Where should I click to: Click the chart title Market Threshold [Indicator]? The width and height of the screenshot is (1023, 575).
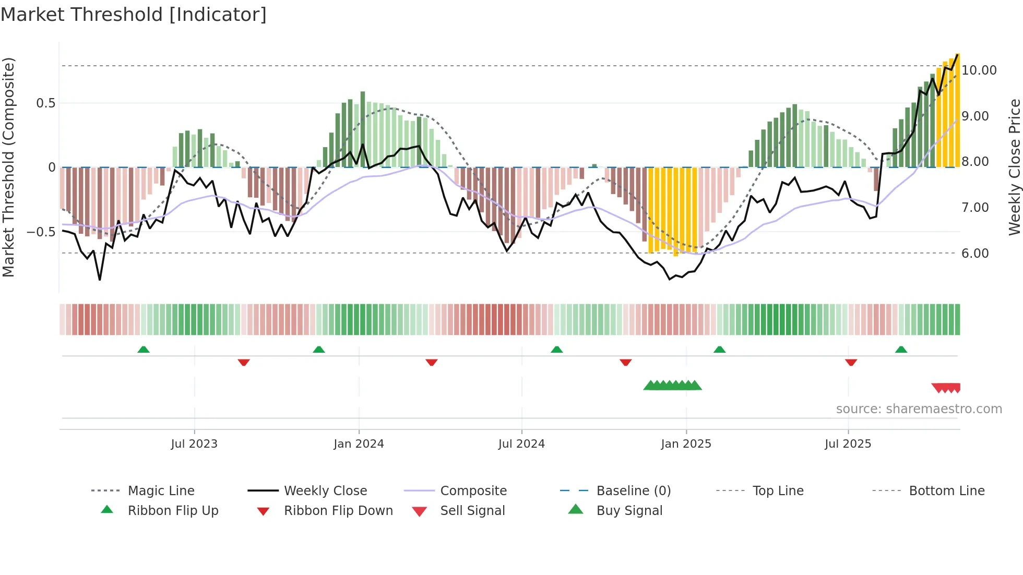pyautogui.click(x=134, y=15)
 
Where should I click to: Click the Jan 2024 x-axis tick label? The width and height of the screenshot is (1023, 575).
pyautogui.click(x=359, y=444)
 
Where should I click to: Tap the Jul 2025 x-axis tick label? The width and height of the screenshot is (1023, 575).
pyautogui.click(x=848, y=444)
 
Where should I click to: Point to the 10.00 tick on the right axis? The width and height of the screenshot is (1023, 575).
pyautogui.click(x=979, y=70)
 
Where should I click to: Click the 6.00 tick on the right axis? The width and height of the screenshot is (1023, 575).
pyautogui.click(x=974, y=254)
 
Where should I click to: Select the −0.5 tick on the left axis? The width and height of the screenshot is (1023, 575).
pyautogui.click(x=41, y=232)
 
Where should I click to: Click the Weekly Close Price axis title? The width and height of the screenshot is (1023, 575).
pyautogui.click(x=1014, y=167)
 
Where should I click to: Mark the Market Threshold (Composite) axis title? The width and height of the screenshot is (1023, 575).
pyautogui.click(x=8, y=167)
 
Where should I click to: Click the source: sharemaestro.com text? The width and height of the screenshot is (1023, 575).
pyautogui.click(x=919, y=409)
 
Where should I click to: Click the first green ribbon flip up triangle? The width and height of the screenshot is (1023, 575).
pyautogui.click(x=144, y=350)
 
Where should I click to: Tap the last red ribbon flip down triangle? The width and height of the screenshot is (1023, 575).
pyautogui.click(x=851, y=362)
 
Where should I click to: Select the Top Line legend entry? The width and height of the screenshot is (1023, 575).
pyautogui.click(x=778, y=491)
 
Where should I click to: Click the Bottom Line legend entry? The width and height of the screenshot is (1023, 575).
pyautogui.click(x=946, y=491)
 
